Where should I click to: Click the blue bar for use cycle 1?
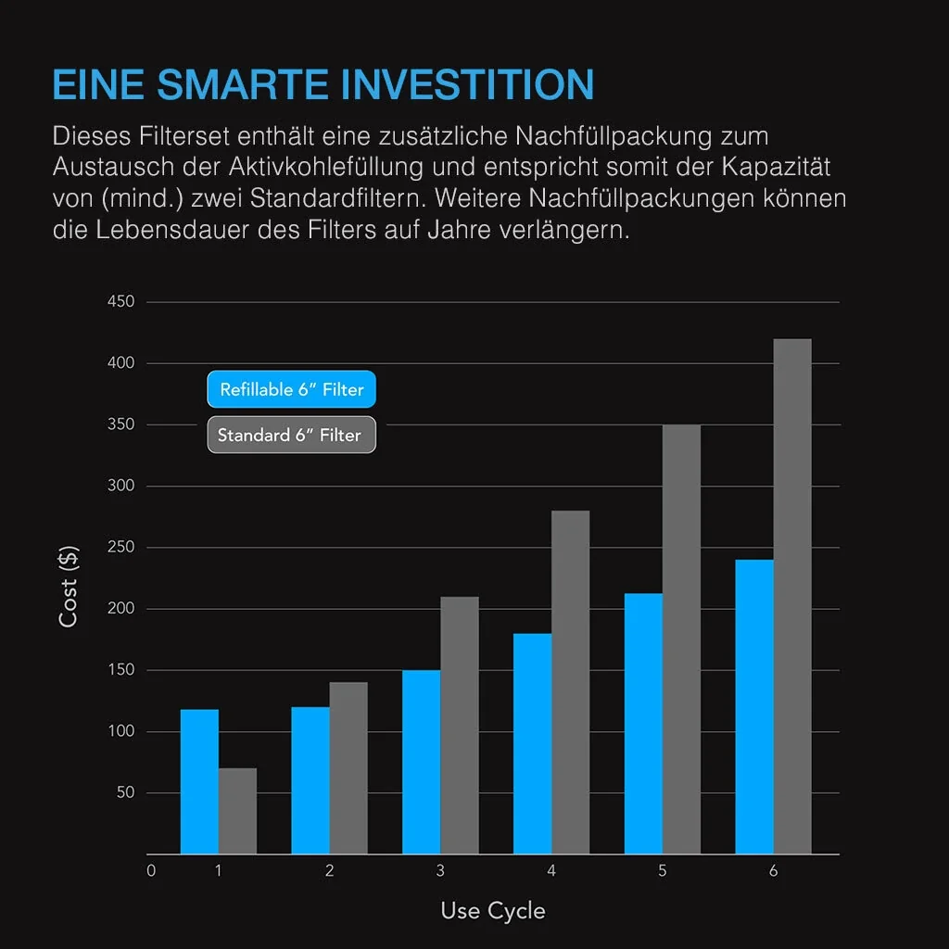(199, 781)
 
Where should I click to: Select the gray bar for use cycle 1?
(238, 811)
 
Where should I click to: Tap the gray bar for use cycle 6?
(792, 596)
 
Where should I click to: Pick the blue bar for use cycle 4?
(532, 743)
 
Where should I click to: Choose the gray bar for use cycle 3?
(460, 725)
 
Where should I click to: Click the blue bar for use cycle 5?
(643, 723)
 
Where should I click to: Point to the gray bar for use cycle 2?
(348, 767)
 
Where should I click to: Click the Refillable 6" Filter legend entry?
(291, 390)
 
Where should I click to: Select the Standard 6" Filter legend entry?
(291, 435)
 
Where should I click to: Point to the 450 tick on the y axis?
(121, 302)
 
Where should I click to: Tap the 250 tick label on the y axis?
(121, 548)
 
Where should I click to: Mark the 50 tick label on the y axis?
(125, 793)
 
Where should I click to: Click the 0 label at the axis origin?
(151, 871)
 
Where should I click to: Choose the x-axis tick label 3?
(440, 871)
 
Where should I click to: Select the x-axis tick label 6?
(773, 871)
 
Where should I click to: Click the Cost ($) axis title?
(69, 586)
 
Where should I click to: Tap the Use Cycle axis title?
(493, 911)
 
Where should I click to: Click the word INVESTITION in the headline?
(468, 84)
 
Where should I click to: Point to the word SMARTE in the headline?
(244, 84)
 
